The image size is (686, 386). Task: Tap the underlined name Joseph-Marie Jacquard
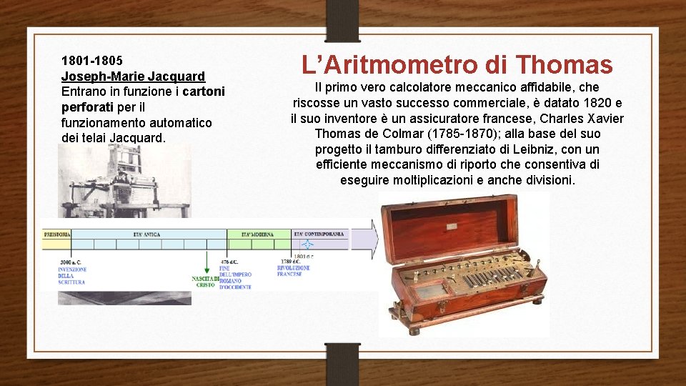133,76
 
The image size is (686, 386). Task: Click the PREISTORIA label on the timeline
56,234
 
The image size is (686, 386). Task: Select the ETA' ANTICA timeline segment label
146,234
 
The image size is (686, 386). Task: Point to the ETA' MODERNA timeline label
257,234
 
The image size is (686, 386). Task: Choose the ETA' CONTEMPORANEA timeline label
319,234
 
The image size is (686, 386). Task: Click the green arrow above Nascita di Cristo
207,262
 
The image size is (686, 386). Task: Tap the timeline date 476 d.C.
231,263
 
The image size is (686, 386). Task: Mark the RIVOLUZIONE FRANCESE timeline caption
289,271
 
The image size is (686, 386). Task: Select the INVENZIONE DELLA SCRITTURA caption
72,275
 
